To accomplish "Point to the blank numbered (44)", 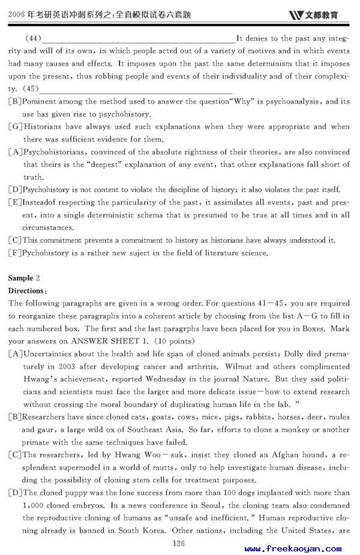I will click(138, 38).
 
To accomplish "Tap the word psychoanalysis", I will click(294, 101).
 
